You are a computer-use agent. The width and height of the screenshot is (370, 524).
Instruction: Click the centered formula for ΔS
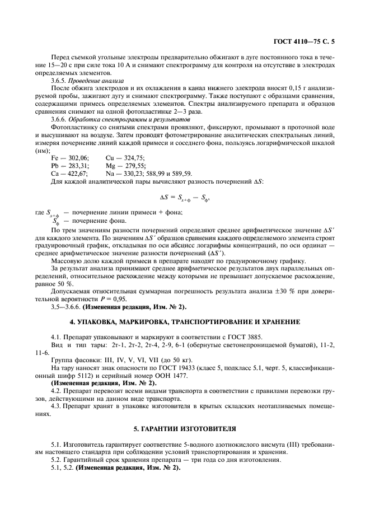point(185,197)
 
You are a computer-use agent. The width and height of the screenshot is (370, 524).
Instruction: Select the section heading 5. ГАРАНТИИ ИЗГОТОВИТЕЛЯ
point(185,428)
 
